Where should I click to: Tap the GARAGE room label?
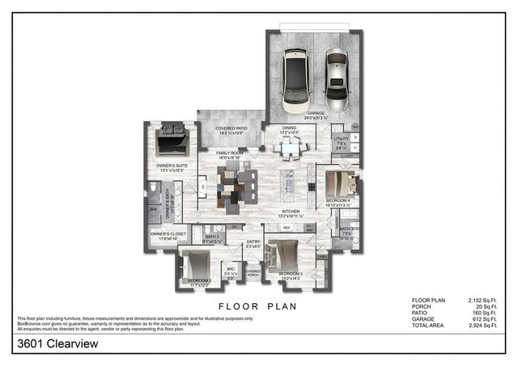click(x=316, y=113)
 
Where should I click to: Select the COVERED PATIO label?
click(x=231, y=128)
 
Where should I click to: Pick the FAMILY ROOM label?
click(x=231, y=153)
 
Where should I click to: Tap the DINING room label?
click(x=289, y=128)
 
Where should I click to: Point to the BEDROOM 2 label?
click(x=198, y=280)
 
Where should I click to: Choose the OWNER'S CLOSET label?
click(x=168, y=234)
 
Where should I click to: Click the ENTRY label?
click(x=253, y=242)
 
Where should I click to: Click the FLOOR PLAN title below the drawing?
click(x=258, y=306)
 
